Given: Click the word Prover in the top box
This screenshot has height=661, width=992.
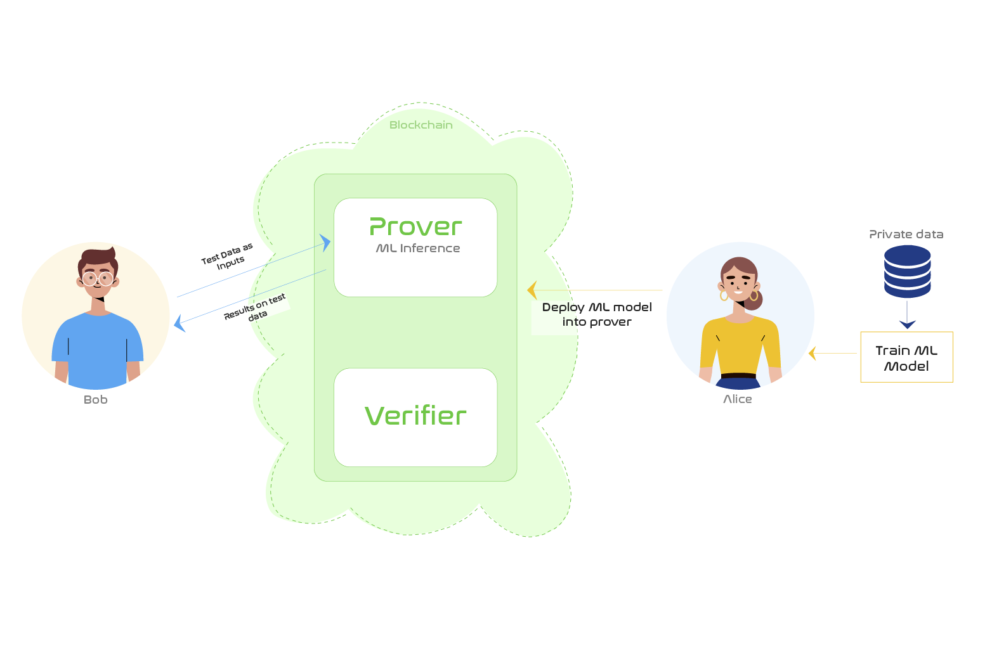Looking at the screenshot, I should click(415, 227).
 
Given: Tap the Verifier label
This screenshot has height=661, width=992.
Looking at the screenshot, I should click(415, 416).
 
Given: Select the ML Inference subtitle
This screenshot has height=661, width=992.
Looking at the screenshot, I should click(418, 248).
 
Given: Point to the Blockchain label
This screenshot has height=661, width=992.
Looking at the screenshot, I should click(421, 125).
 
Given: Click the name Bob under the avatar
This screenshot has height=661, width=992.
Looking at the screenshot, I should click(96, 400).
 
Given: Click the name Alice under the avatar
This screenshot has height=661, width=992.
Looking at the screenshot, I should click(738, 399).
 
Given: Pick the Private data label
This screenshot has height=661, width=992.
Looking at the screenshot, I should click(906, 234).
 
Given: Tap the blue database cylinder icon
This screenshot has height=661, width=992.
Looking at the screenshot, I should click(907, 271).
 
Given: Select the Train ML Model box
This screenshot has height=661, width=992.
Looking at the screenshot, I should click(906, 357).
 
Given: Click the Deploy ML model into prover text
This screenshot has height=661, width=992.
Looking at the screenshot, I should click(597, 314).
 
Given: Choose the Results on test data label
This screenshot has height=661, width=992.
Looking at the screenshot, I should click(256, 307).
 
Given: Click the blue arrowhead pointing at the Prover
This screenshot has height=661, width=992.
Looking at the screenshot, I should click(325, 243).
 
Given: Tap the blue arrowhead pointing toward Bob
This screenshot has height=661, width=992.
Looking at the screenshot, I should click(179, 323).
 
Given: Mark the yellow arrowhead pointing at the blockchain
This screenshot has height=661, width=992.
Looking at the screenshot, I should click(532, 290).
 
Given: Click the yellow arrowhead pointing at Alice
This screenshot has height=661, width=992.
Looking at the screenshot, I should click(812, 353).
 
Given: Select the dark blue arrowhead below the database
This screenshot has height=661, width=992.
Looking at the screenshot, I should click(907, 324).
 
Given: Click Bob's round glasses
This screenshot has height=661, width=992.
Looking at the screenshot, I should click(98, 278).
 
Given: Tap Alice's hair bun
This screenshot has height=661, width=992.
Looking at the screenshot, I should click(754, 300).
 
